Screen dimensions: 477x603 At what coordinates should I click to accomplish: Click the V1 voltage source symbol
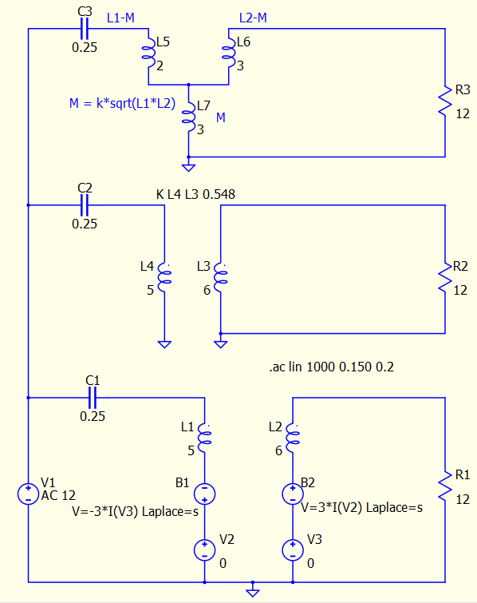(28, 494)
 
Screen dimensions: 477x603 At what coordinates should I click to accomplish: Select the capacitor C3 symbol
(85, 29)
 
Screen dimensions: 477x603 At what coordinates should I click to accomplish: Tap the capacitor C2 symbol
(85, 205)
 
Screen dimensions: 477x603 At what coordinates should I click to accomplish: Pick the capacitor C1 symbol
(93, 398)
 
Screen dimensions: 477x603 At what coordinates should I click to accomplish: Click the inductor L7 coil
(188, 117)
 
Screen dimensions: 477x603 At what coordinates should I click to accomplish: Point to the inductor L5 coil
(148, 53)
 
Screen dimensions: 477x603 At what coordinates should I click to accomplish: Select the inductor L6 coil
(228, 53)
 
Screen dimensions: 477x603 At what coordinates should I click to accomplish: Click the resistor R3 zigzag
(446, 101)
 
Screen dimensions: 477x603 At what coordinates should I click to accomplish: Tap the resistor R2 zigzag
(446, 277)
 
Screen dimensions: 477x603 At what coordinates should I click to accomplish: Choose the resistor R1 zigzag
(446, 486)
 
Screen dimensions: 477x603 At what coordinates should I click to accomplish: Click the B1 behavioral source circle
(204, 494)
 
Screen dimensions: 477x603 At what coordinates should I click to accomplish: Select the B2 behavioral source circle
(293, 494)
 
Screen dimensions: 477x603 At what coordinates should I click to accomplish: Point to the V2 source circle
(204, 550)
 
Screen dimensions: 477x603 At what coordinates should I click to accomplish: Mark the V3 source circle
(293, 550)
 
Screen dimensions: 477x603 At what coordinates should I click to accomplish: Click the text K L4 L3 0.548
(195, 195)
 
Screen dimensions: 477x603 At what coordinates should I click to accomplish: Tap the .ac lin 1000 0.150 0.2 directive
(332, 367)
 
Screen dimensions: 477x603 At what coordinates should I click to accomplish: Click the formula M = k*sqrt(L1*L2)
(122, 104)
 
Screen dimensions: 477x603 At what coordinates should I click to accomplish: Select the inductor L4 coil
(164, 277)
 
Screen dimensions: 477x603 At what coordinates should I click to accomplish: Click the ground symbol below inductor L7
(188, 167)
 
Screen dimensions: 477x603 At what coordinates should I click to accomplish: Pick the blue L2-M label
(253, 18)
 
